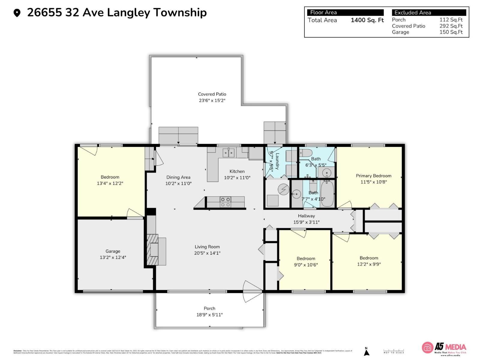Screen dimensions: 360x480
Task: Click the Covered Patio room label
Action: click(212, 94)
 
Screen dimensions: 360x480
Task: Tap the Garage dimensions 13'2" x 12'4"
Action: click(113, 257)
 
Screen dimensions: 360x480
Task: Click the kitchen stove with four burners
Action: click(225, 202)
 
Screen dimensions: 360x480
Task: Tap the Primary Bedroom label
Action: click(373, 176)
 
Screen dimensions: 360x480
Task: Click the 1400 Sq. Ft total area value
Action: click(367, 20)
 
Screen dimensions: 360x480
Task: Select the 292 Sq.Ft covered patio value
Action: click(451, 26)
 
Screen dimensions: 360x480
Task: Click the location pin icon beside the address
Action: click(17, 13)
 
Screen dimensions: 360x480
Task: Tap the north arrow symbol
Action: click(366, 352)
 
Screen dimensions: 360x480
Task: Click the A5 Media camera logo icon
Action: click(427, 347)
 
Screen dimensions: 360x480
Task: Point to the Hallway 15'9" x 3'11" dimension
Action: click(306, 222)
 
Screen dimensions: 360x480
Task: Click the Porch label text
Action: click(209, 308)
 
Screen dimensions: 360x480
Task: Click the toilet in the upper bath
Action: click(306, 153)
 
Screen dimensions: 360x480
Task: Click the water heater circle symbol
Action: click(283, 189)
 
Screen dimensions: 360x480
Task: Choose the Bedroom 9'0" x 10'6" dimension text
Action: click(306, 265)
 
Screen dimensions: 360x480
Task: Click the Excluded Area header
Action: click(412, 13)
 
